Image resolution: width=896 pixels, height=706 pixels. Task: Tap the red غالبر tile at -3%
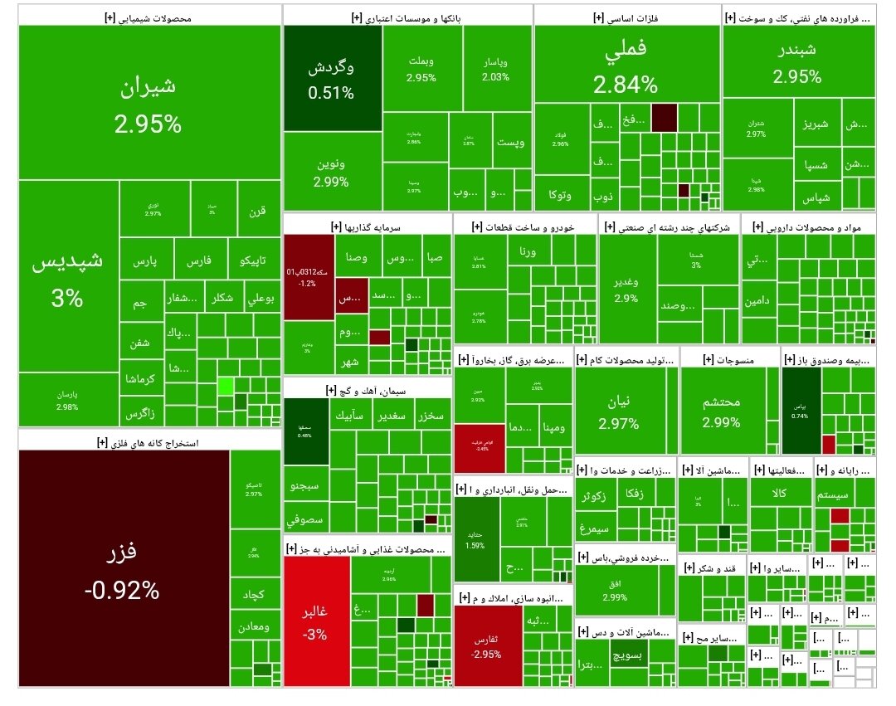[316, 621]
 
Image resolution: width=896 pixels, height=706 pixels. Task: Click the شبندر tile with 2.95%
[797, 62]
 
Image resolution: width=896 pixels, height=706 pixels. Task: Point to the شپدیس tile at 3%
[68, 280]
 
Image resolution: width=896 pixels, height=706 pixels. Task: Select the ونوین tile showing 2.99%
[332, 172]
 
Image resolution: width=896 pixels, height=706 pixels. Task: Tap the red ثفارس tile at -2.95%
[487, 646]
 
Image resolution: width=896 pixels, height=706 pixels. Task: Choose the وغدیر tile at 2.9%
[627, 290]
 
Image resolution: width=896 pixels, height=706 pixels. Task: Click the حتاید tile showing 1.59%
[475, 538]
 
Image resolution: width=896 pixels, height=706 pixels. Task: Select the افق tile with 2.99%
[615, 591]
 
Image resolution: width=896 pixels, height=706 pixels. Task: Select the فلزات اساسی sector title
[626, 16]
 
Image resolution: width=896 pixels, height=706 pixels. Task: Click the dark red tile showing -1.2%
[308, 277]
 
